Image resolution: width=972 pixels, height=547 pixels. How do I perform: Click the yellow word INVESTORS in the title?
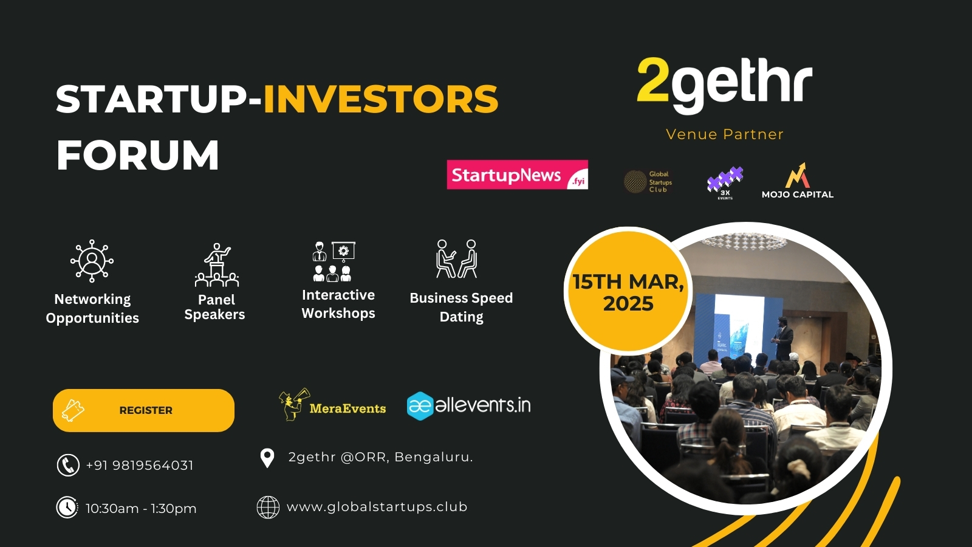380,99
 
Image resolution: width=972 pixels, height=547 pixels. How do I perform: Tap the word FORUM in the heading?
138,156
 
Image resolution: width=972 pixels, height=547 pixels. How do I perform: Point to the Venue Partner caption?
725,134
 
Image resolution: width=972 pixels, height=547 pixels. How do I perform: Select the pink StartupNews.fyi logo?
517,175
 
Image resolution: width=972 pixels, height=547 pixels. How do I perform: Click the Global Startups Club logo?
648,182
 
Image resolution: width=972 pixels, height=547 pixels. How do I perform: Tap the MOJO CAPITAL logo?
798,181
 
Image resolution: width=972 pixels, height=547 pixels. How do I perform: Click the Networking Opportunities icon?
92,261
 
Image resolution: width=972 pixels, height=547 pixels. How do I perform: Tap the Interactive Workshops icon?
334,262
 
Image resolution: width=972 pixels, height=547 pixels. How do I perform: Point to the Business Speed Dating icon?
457,259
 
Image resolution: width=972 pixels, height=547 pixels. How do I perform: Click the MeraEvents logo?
332,405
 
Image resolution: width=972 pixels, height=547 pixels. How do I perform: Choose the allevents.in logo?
468,405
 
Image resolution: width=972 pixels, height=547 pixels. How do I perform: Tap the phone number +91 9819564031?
140,466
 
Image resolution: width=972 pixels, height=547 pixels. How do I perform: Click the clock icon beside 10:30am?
67,507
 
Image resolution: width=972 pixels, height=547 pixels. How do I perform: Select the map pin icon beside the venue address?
267,458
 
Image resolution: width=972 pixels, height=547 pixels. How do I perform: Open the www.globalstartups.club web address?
377,507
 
